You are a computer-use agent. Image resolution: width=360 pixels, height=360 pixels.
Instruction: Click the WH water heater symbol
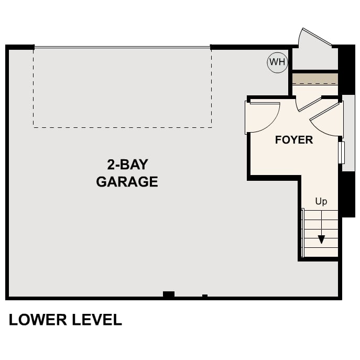[x=277, y=63]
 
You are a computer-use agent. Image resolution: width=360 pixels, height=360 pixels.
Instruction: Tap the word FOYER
[x=294, y=140]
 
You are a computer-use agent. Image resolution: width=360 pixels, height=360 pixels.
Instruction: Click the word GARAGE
[x=127, y=182]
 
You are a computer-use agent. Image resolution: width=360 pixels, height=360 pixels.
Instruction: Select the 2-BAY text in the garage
[x=127, y=165]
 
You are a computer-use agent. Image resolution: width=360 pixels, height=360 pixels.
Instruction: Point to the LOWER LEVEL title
[x=66, y=320]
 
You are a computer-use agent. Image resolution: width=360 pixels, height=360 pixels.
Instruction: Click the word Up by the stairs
[x=321, y=201]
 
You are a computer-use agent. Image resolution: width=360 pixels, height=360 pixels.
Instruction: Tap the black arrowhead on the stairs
[x=321, y=239]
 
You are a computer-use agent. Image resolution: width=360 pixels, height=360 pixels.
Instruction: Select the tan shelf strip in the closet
[x=315, y=79]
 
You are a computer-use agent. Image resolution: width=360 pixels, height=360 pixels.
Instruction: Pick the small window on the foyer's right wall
[x=341, y=152]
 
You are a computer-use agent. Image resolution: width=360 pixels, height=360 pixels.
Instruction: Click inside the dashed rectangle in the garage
[x=123, y=88]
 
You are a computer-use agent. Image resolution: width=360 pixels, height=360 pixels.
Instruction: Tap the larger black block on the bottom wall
[x=168, y=294]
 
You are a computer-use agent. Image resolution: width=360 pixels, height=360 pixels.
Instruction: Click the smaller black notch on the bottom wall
[x=204, y=296]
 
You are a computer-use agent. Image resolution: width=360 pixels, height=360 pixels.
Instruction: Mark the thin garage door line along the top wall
[x=123, y=48]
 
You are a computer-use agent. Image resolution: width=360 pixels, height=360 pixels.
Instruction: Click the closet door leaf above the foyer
[x=309, y=104]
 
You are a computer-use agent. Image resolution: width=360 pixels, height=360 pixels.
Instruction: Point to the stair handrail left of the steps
[x=302, y=232]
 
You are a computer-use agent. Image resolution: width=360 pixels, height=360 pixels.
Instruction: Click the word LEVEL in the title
[x=96, y=320]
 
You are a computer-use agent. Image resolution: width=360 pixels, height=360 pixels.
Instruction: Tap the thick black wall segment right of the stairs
[x=347, y=194]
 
